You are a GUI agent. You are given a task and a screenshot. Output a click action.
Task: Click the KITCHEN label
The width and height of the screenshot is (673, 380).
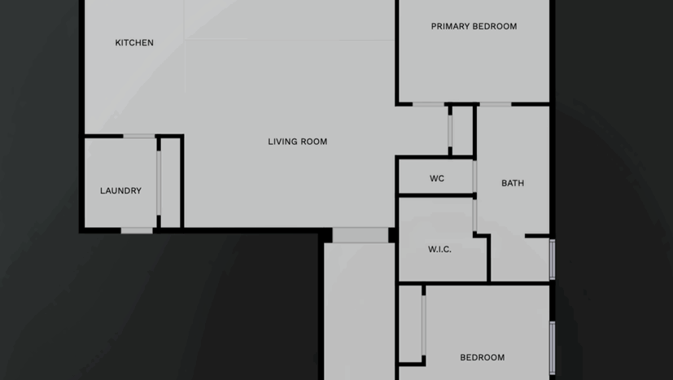pos(134,42)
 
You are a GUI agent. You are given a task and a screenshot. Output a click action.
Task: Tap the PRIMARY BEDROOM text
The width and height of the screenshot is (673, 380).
pos(474,26)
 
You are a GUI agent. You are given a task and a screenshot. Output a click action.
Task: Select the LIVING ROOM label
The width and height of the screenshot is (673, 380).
pos(298,142)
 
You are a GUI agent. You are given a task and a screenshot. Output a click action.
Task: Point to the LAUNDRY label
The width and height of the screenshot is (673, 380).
pos(120,190)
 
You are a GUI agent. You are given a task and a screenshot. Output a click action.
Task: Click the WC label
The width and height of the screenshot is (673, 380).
pos(437,178)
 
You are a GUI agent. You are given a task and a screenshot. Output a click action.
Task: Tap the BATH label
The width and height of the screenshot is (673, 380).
pos(513,183)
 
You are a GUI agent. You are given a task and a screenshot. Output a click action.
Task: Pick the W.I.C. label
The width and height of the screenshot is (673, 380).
pos(439,249)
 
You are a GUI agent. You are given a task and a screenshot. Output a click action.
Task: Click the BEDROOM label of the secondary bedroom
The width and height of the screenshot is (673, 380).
pos(482,357)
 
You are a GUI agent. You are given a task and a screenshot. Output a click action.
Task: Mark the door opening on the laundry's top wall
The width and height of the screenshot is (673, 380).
pos(138,136)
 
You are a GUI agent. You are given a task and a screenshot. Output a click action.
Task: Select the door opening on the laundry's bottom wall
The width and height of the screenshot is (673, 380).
pos(137,230)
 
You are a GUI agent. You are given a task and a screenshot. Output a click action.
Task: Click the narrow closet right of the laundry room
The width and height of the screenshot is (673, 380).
pos(170,183)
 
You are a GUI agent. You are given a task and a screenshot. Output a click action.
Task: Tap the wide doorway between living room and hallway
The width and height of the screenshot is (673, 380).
pos(361,235)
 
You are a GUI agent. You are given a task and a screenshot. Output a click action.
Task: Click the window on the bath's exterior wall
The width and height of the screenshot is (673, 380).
pos(552,259)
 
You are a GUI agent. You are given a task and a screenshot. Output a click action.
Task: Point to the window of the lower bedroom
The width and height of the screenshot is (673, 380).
pos(552,347)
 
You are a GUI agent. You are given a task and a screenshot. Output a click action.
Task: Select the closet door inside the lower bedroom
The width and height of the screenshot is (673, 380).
pos(424,325)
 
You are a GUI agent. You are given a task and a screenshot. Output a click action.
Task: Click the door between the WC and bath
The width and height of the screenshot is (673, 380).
pos(474,176)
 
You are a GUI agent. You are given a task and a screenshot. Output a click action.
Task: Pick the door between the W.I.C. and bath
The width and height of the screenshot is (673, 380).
pos(474,215)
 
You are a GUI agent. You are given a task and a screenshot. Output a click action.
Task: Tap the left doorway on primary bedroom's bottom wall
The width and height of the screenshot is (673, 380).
pos(428,104)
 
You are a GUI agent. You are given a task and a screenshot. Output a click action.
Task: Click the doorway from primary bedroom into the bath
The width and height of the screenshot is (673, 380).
pos(495,104)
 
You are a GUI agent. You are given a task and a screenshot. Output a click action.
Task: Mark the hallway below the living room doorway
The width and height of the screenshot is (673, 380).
pos(360,309)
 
